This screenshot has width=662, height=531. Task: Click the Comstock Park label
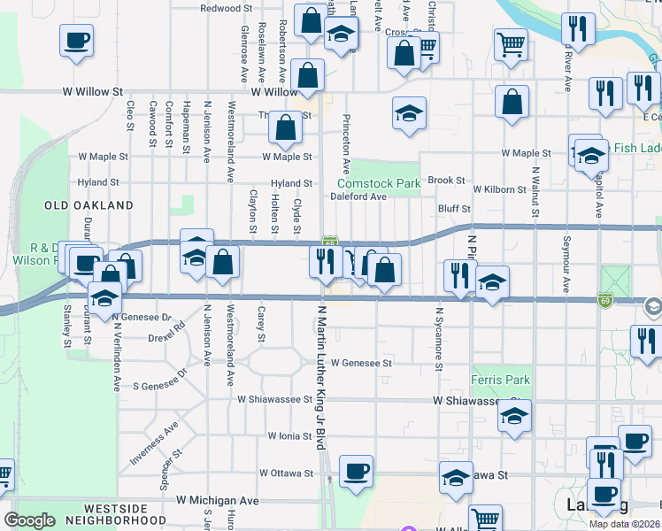(378, 183)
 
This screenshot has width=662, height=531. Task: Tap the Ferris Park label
(501, 381)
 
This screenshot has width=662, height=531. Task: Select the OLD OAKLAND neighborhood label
(89, 205)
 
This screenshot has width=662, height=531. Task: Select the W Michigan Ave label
(218, 501)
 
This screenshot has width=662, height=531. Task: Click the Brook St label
(446, 181)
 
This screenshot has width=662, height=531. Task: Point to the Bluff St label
(454, 209)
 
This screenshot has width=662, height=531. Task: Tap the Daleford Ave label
(358, 196)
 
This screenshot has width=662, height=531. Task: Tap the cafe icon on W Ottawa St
(356, 470)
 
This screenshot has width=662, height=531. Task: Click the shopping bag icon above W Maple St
(286, 127)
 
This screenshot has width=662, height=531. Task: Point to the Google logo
(30, 520)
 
